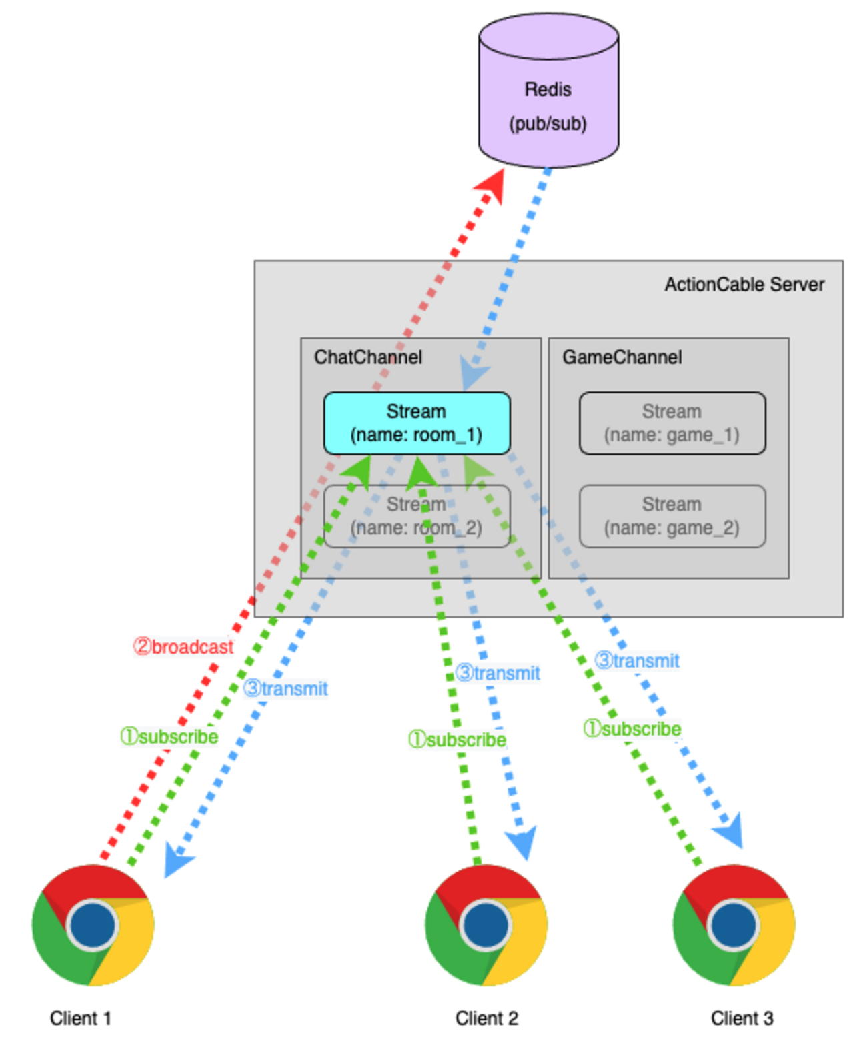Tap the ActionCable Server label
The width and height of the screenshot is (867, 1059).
pyautogui.click(x=744, y=285)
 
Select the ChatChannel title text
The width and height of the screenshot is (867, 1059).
pyautogui.click(x=368, y=357)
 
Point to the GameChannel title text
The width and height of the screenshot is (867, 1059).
pyautogui.click(x=622, y=357)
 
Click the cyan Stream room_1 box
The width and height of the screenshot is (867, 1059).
pyautogui.click(x=417, y=423)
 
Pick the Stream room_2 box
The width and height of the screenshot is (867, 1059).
pyautogui.click(x=417, y=516)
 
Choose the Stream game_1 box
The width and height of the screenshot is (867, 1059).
pyautogui.click(x=672, y=423)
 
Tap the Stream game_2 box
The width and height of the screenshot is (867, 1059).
pyautogui.click(x=672, y=516)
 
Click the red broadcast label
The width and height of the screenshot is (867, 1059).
pyautogui.click(x=183, y=646)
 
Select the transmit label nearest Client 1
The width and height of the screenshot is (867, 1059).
pyautogui.click(x=285, y=688)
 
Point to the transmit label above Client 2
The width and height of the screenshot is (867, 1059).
pyautogui.click(x=498, y=672)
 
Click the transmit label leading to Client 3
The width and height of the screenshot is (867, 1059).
pyautogui.click(x=637, y=660)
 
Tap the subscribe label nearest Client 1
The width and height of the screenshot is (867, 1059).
pyautogui.click(x=169, y=736)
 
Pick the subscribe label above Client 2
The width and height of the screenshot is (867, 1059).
pyautogui.click(x=458, y=740)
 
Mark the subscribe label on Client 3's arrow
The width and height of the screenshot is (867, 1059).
pyautogui.click(x=632, y=728)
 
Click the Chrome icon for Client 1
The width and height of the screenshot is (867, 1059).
pyautogui.click(x=93, y=925)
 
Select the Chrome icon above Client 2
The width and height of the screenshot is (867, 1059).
pyautogui.click(x=486, y=925)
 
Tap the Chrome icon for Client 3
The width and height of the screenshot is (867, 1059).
pyautogui.click(x=734, y=925)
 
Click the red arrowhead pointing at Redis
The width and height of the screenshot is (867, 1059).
pyautogui.click(x=493, y=185)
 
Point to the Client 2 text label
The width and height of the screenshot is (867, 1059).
pyautogui.click(x=486, y=1018)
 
